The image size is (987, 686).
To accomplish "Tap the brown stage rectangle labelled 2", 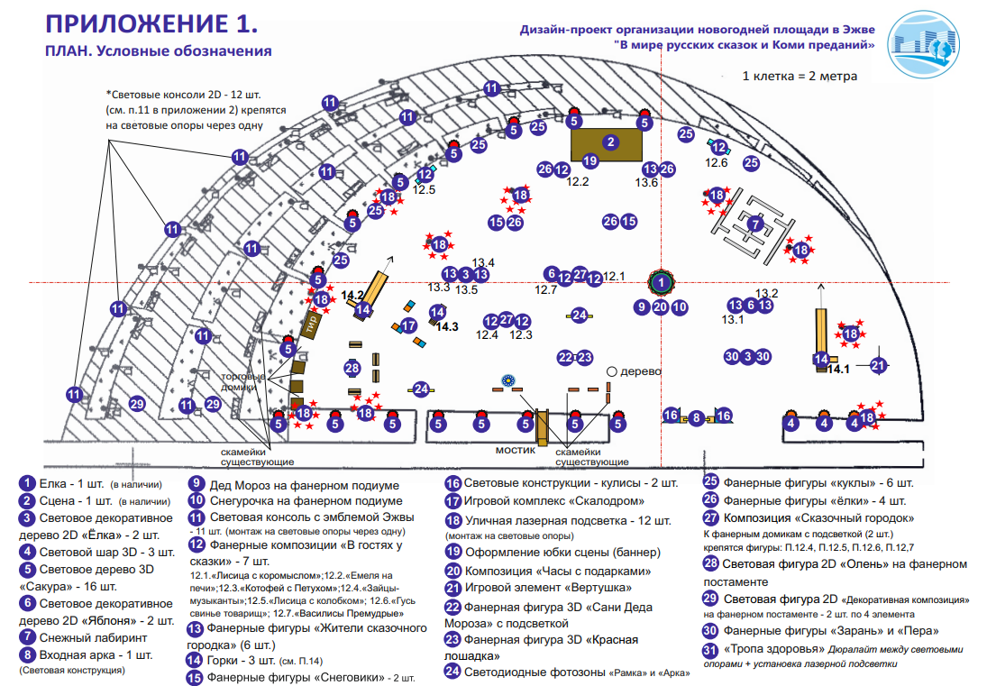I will pos(610,142).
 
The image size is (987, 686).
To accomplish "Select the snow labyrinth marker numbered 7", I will pos(756,223).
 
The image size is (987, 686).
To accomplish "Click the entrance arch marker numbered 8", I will pos(696,417).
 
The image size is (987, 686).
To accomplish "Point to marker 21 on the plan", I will pos(879,365).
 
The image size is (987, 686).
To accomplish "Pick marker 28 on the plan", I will pos(352,368).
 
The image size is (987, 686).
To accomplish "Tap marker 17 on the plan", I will pos(408,325).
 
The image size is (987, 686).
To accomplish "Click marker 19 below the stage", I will pos(590,161).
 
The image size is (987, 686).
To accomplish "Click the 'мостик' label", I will pos(516,449).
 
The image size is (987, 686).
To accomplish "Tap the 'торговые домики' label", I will pos(243,382).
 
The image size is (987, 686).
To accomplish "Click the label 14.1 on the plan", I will pos(838,369).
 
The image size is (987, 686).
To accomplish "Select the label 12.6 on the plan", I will pos(717,162).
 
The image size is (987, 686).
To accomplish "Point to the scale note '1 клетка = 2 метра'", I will pos(800,77).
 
